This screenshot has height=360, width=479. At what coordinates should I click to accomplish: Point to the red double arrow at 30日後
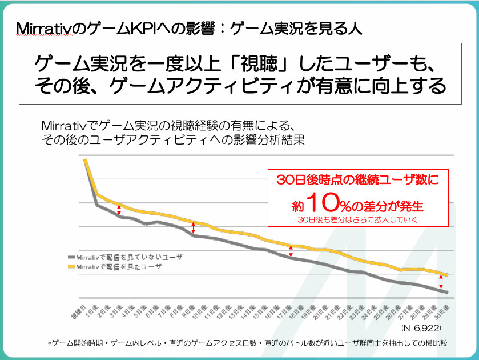tap(441, 282)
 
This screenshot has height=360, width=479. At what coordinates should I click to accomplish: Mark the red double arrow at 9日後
tap(194, 227)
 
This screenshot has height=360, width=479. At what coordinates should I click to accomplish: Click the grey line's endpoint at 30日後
tap(447, 293)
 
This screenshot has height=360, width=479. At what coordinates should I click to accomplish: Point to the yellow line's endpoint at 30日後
tap(447, 275)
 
